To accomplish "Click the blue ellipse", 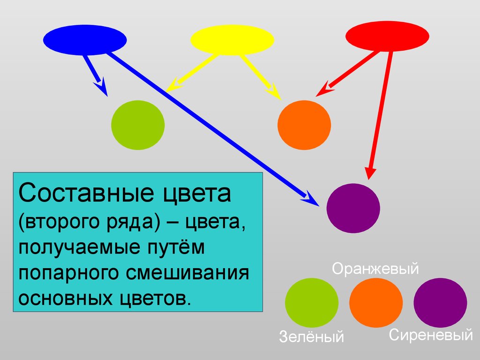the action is (x=85, y=40).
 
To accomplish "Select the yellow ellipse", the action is (x=232, y=40).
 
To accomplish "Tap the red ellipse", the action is (x=387, y=36).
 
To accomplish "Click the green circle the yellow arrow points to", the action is (x=138, y=125).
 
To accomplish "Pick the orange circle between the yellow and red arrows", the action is (x=304, y=125).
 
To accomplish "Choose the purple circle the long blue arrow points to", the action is (x=353, y=208).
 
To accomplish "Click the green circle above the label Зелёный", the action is (x=312, y=303).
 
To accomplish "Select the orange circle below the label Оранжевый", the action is (x=376, y=303).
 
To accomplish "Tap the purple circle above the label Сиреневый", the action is (x=440, y=303).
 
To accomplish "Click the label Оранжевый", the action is (x=375, y=269).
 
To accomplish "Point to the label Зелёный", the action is (x=311, y=336).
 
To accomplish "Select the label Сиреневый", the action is (x=431, y=335).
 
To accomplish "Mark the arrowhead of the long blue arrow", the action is (x=310, y=199).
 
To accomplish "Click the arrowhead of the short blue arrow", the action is (x=101, y=87).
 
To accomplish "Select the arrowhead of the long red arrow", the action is (x=370, y=173).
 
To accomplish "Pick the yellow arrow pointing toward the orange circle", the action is (x=260, y=76).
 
